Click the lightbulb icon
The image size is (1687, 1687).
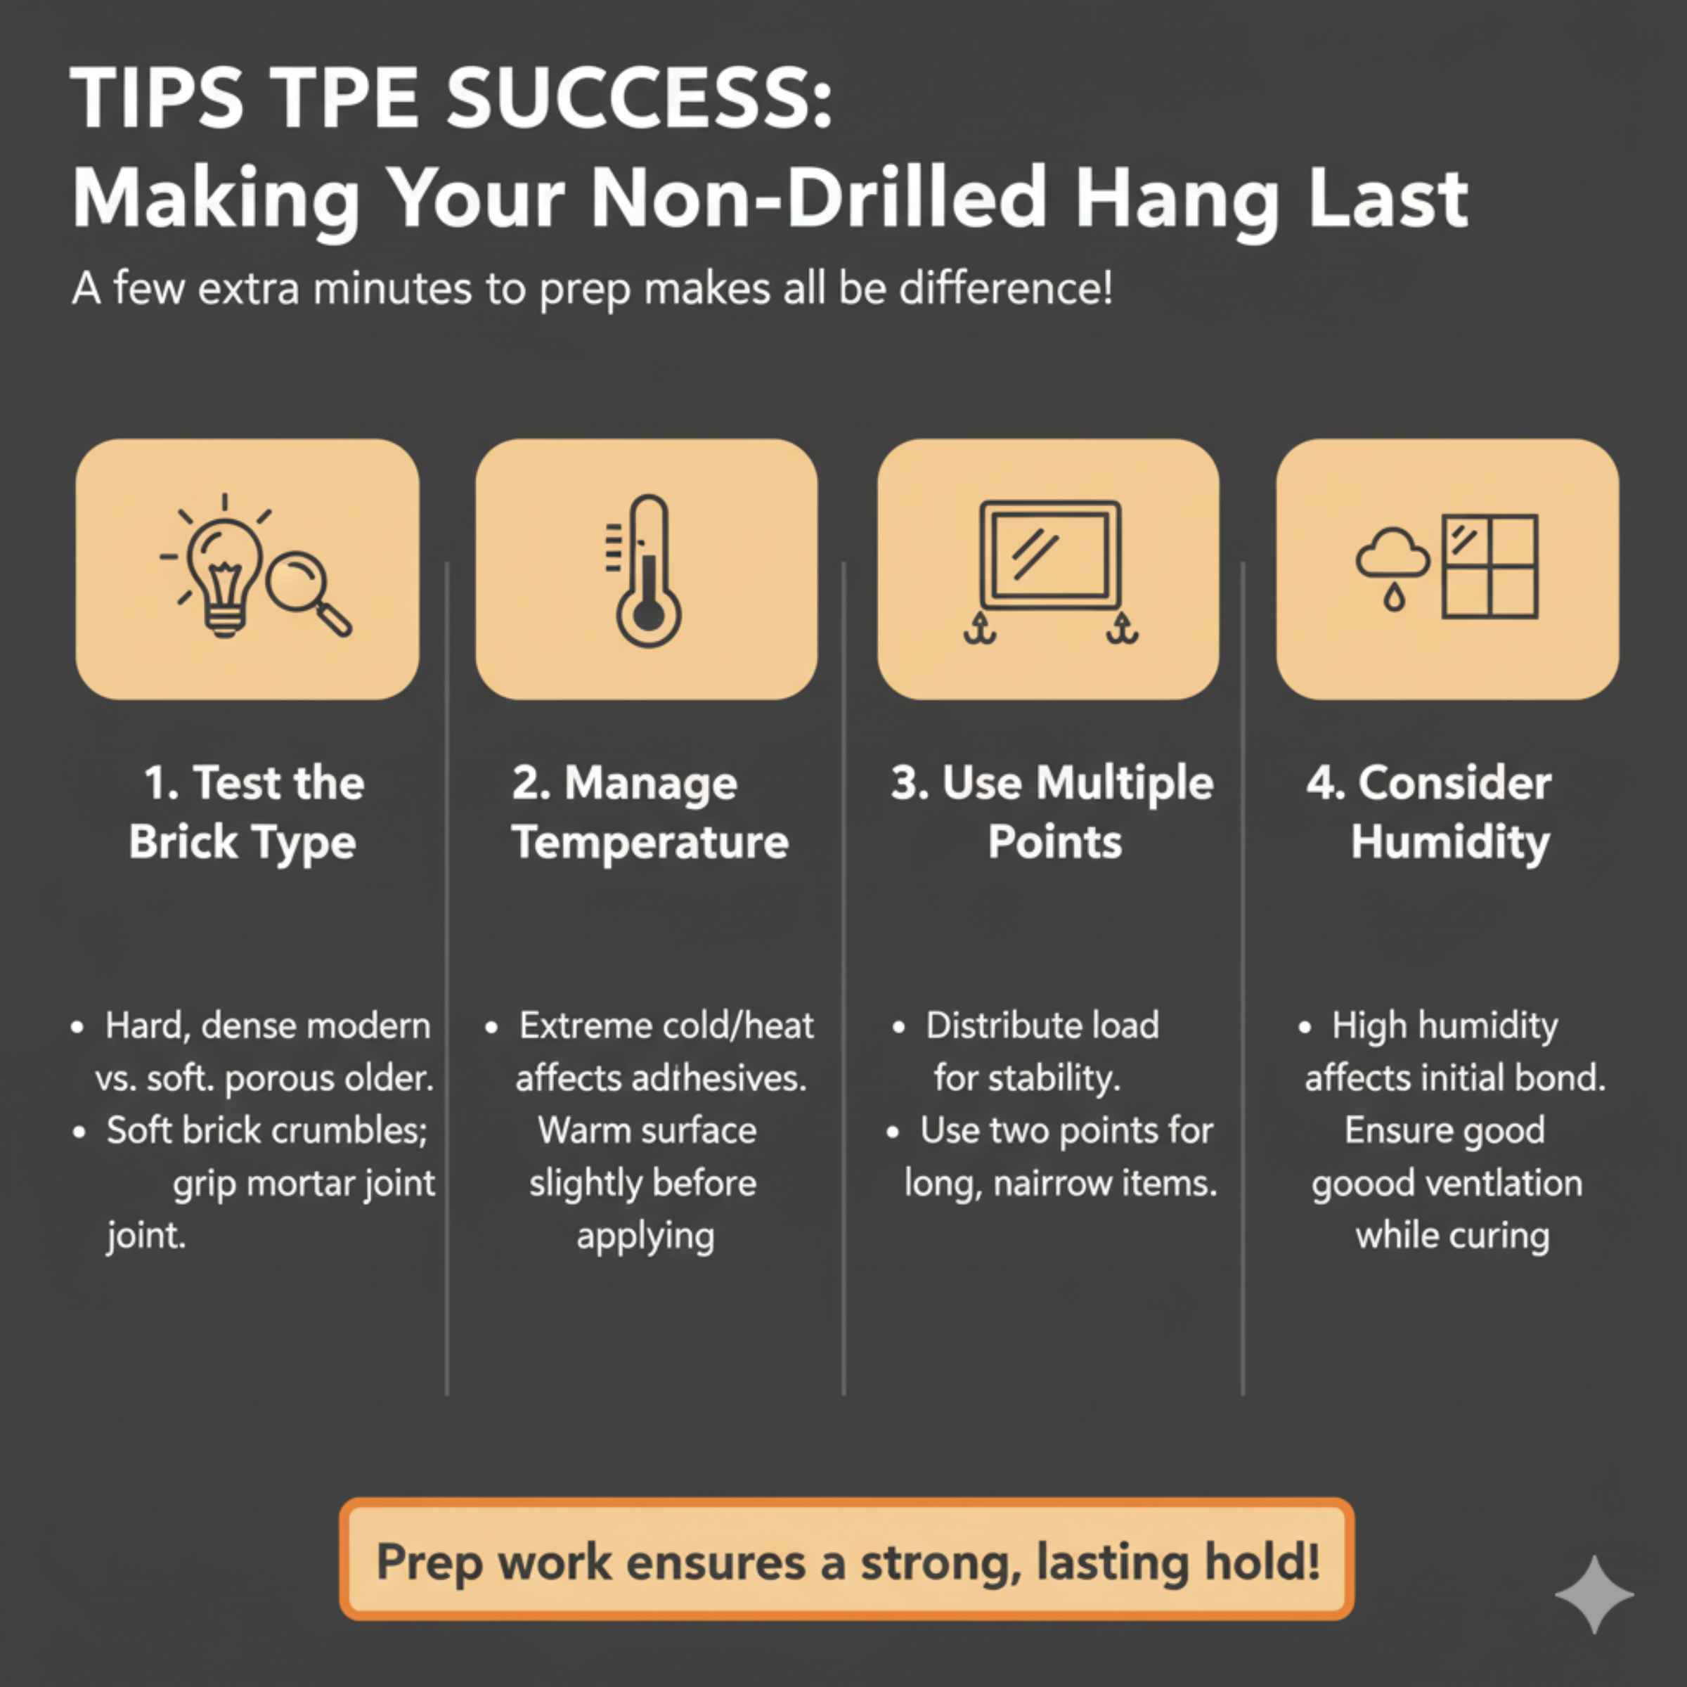[x=224, y=572]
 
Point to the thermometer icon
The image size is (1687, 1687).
[x=648, y=572]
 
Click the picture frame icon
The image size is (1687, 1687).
[x=1050, y=555]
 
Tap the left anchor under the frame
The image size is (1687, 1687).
[x=980, y=628]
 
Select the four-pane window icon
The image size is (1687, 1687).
[x=1489, y=567]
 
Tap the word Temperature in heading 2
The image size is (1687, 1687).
[x=649, y=843]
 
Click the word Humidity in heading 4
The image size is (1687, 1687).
[x=1449, y=843]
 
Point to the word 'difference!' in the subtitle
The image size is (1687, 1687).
[x=1006, y=289]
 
